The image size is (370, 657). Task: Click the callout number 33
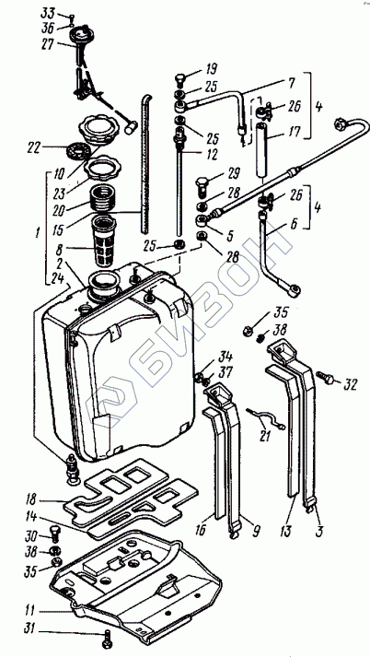tap(47, 13)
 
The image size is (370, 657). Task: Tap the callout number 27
tap(48, 44)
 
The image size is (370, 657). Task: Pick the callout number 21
tap(264, 436)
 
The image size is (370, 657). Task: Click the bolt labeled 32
tap(325, 379)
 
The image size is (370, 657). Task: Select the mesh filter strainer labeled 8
tap(103, 241)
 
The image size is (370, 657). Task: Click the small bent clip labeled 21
tap(266, 420)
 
